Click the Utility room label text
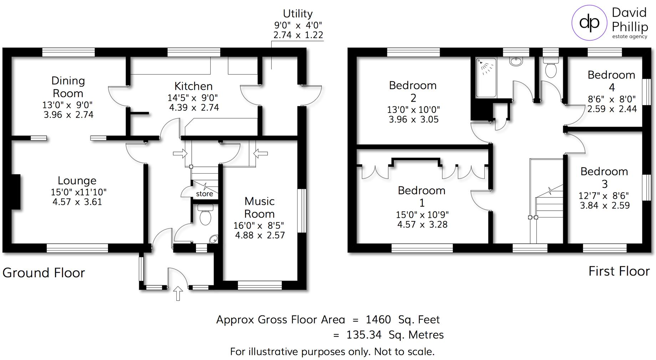[298, 14]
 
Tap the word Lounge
[77, 180]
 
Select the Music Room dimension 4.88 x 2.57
[260, 235]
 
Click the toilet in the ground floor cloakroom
[205, 215]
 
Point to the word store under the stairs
[205, 194]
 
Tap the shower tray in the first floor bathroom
[486, 78]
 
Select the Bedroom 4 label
[611, 81]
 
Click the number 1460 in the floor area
[378, 319]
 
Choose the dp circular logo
[589, 23]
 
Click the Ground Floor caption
[43, 273]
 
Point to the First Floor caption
[619, 271]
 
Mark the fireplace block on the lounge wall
[16, 192]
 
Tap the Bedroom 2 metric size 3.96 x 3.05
[413, 119]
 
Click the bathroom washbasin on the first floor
[516, 62]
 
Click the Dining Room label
[68, 87]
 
